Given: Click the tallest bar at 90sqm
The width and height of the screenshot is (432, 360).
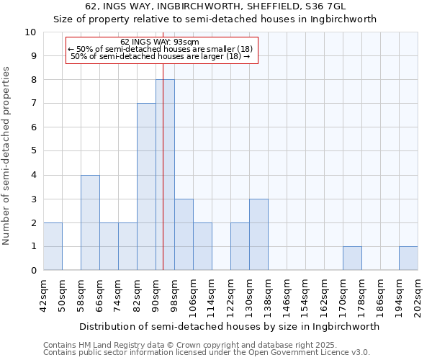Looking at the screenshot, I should click(165, 175).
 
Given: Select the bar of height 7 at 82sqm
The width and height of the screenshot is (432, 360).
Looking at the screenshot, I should click(146, 187).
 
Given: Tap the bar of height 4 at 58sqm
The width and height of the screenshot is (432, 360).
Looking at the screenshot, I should click(90, 222).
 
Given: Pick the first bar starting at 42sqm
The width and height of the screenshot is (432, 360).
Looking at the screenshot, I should click(53, 246).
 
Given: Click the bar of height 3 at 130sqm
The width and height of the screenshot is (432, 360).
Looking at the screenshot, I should click(258, 235).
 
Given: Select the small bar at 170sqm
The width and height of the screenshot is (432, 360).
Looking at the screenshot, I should click(352, 258).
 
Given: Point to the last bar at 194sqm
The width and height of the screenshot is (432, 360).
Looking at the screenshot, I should click(408, 258).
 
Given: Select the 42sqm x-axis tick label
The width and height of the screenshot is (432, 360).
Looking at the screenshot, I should click(43, 293).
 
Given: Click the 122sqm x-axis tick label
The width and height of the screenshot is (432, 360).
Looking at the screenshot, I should click(230, 295).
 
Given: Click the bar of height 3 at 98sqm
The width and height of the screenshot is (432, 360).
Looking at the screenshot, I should click(184, 235).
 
